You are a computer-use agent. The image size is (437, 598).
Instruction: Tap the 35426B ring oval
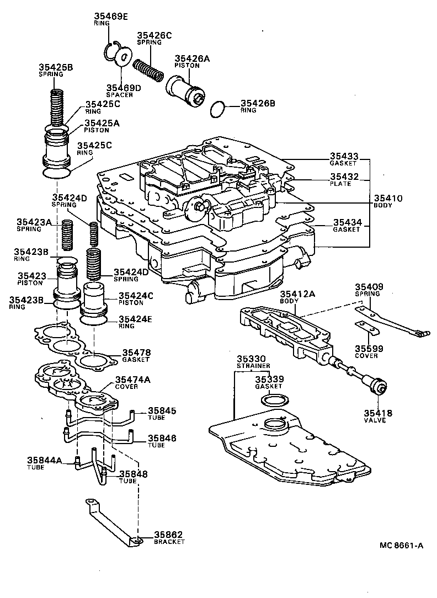pos(218,110)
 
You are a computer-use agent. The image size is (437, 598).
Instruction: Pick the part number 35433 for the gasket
pos(344,156)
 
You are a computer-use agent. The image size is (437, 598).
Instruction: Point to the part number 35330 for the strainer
pos(253,359)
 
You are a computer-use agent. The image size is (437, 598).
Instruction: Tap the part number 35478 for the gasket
pos(136,352)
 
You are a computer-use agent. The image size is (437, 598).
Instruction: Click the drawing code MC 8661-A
pos(401,546)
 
